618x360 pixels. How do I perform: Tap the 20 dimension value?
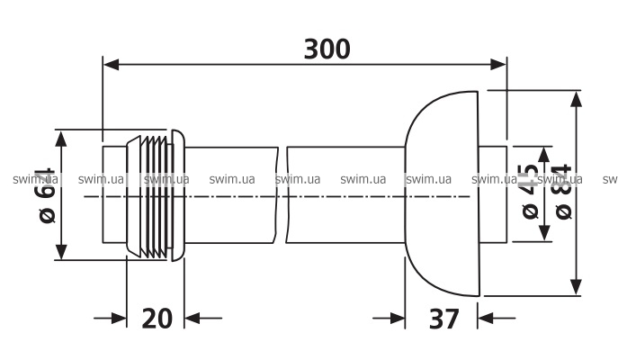point(156,318)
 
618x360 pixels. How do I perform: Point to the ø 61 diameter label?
point(46,193)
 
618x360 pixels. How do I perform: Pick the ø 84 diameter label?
point(562,193)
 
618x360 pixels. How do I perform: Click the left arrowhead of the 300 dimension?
point(112,63)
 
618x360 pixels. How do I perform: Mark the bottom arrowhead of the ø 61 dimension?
point(62,253)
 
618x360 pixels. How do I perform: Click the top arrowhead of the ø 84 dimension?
point(576,97)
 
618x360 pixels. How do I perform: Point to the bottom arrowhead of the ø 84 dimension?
point(576,287)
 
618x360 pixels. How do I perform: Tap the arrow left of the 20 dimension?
point(116,318)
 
